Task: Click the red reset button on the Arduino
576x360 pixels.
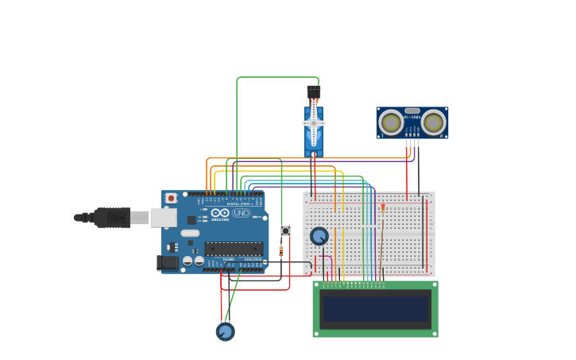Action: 171,198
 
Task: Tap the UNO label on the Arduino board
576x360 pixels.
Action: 241,213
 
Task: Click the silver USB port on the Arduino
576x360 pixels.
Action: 164,217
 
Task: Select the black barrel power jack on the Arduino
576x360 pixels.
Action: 168,261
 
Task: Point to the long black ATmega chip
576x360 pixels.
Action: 234,248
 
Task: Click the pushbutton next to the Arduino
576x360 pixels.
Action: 285,230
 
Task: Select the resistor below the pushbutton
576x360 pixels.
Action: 281,252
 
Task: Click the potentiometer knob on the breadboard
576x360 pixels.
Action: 319,236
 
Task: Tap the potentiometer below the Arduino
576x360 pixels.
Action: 225,331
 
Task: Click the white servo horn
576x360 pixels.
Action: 314,122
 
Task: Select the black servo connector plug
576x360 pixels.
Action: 314,91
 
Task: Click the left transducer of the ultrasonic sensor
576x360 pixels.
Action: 391,122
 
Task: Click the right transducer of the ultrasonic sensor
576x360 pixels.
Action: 433,122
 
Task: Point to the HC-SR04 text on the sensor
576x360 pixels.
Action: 412,117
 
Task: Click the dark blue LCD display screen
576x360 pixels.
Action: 375,308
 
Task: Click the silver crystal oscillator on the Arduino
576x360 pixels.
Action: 190,233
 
